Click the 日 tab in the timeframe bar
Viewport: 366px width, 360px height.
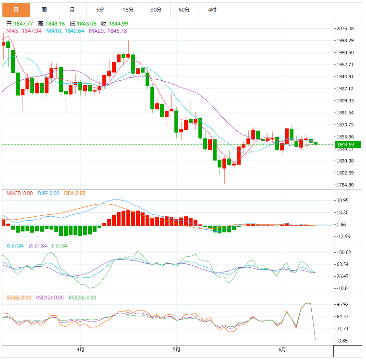pos(16,10)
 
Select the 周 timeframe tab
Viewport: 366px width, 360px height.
pos(44,10)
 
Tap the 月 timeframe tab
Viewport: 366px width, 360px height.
pos(72,10)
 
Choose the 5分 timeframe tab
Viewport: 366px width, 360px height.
pos(100,10)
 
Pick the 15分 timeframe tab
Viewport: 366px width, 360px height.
pos(128,10)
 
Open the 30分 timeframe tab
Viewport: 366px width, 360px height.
pos(156,10)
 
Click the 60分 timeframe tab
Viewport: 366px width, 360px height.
pos(184,10)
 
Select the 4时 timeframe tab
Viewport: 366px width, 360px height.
pos(212,10)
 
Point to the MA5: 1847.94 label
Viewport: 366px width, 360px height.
pos(23,31)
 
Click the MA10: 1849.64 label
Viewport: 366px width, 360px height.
pos(65,31)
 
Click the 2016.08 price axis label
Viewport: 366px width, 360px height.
pos(345,29)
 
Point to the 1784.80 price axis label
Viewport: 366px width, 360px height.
pos(345,185)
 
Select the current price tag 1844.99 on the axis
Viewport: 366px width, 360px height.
pos(345,144)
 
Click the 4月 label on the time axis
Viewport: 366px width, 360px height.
pos(80,349)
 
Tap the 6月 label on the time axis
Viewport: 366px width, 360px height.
pos(282,349)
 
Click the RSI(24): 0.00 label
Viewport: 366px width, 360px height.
pos(82,298)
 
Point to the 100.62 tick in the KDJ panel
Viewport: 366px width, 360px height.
pos(346,252)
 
